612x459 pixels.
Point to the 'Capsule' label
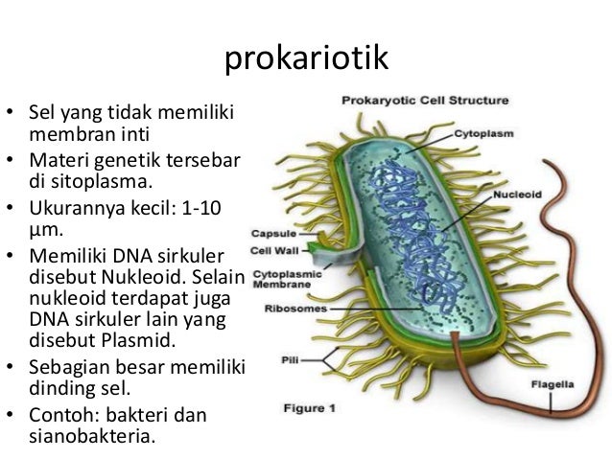pos(271,233)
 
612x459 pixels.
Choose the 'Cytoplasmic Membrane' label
pos(279,278)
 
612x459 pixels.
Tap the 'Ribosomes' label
pos(293,310)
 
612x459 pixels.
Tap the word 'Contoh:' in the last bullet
pos(63,417)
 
